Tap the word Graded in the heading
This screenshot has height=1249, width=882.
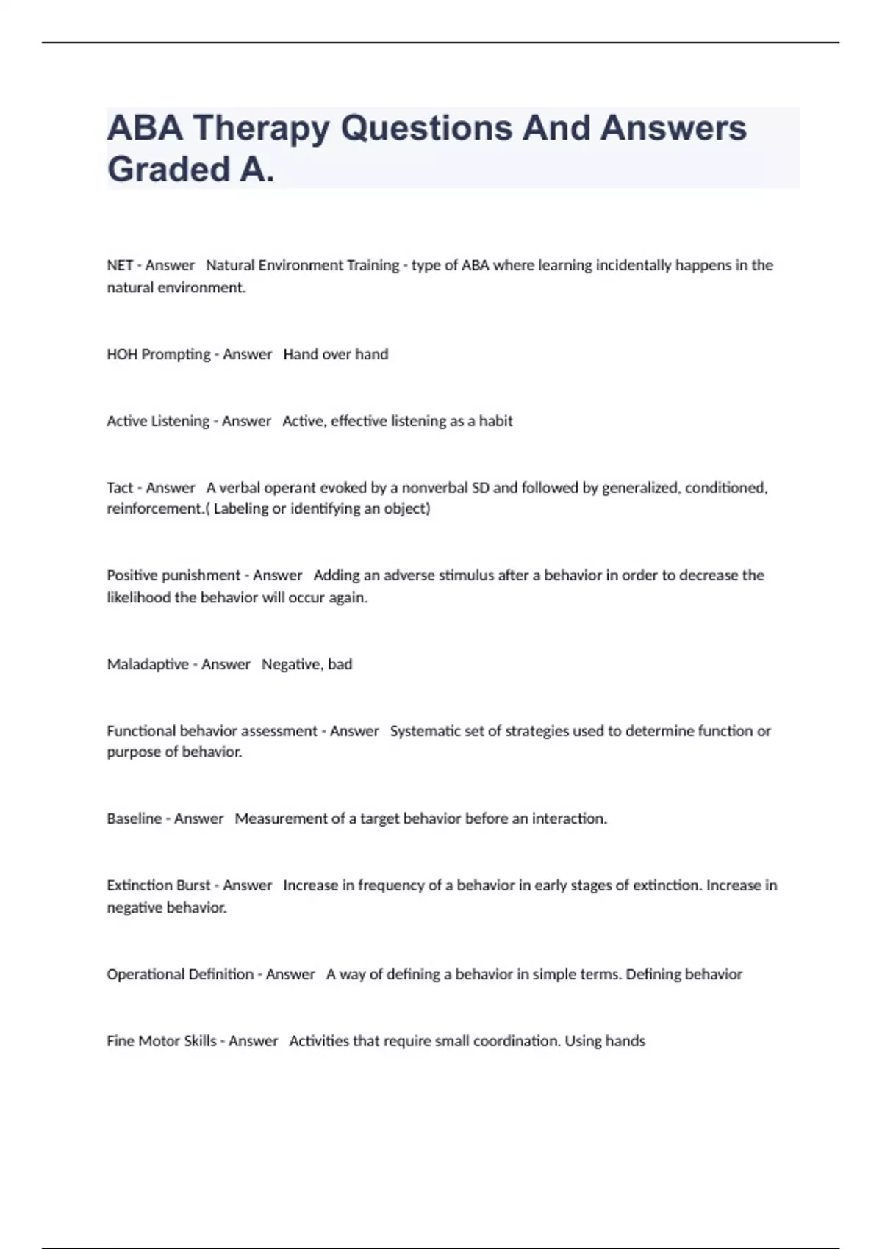[169, 170]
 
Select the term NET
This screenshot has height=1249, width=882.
[120, 265]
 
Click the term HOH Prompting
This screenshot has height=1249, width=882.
[158, 354]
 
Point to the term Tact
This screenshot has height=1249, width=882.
[120, 488]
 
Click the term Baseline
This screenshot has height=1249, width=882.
[134, 818]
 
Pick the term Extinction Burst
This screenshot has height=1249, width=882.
[158, 885]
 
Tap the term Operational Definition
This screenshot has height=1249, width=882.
[180, 974]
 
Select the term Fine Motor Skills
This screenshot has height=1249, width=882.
[162, 1041]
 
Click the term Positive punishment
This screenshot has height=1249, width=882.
[173, 575]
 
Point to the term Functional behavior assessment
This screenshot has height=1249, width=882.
[212, 731]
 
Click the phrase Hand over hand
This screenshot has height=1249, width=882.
[336, 354]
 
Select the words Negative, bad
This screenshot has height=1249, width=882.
[307, 664]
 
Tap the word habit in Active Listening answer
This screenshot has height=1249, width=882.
[496, 421]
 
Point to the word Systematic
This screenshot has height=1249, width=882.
[424, 731]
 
